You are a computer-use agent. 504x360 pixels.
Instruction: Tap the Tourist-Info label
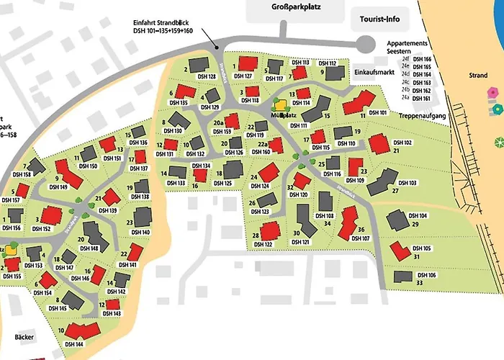[375, 19]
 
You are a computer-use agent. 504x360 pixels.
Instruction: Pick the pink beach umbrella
[492, 93]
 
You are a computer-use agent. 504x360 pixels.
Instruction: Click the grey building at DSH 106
[403, 276]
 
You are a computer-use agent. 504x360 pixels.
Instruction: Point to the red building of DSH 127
[248, 63]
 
